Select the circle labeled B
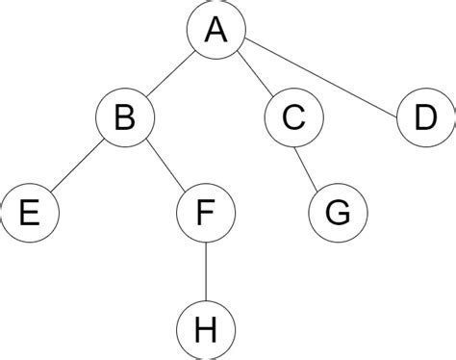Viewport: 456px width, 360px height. pos(124,119)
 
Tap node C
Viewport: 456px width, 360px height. pos(293,119)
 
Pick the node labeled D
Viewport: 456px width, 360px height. pos(425,119)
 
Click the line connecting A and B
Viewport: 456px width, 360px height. pos(170,75)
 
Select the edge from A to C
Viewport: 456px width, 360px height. pos(255,75)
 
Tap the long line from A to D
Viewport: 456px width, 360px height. pos(321,76)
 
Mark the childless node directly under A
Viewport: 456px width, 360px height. pos(425,119)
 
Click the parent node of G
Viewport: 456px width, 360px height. pos(293,119)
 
